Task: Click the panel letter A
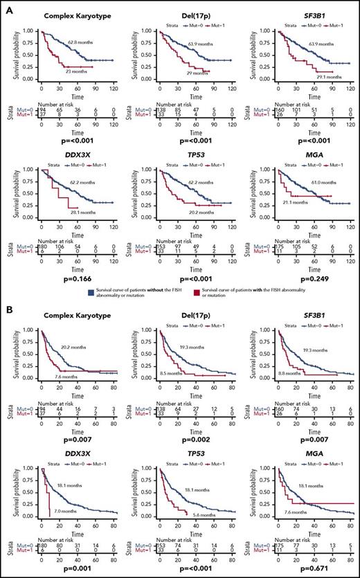[x=6, y=6]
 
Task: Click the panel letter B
[x=6, y=304]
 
